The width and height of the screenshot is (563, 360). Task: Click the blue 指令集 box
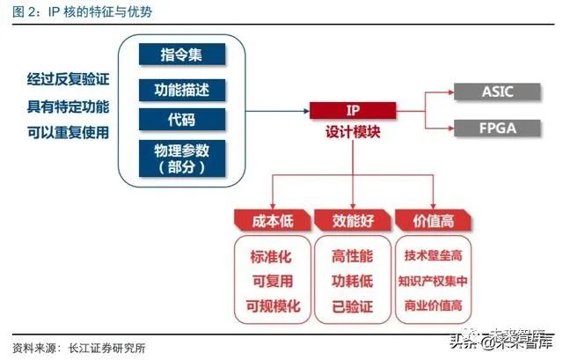[x=181, y=54]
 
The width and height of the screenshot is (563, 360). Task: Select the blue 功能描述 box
[x=181, y=89]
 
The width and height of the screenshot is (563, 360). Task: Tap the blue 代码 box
[x=181, y=119]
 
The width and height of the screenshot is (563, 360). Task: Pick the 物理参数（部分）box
[x=181, y=158]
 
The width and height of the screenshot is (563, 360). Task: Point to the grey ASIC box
[x=499, y=91]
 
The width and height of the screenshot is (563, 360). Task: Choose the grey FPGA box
[x=499, y=128]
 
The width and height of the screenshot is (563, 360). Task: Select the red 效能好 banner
[x=352, y=218]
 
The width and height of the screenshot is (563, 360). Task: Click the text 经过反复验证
[x=68, y=81]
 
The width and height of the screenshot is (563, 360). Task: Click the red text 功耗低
[x=352, y=282]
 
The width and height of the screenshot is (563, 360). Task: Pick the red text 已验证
[x=352, y=306]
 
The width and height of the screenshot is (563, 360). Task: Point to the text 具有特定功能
[x=68, y=107]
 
